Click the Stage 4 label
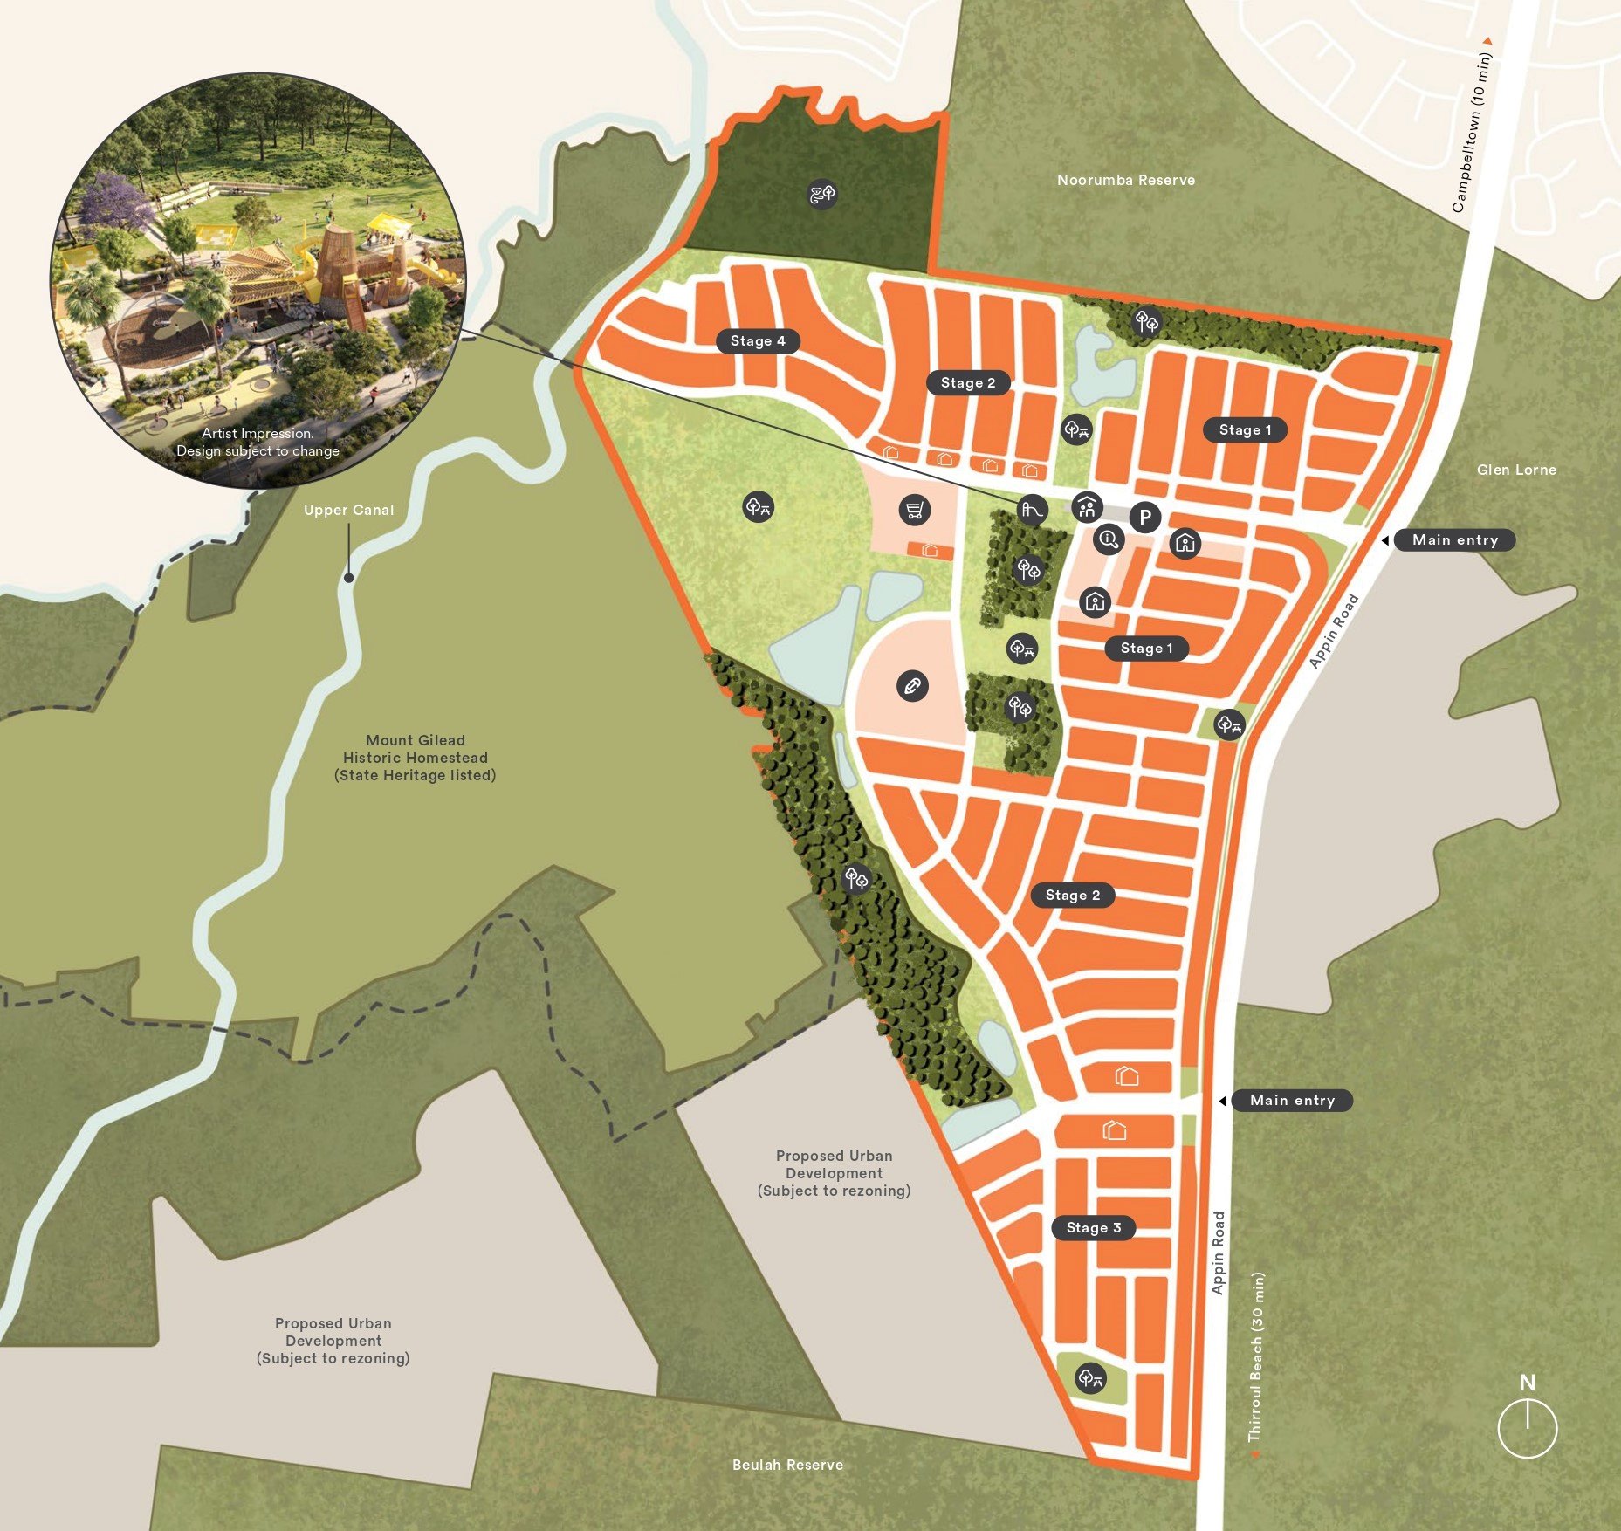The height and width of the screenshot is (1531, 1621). [758, 341]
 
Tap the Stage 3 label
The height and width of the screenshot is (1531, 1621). [1093, 1227]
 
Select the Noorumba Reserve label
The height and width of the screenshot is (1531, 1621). [1125, 180]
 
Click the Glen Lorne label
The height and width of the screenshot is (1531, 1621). [1516, 470]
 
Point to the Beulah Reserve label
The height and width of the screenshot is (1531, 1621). [787, 1465]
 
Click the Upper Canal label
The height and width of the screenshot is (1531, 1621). [348, 510]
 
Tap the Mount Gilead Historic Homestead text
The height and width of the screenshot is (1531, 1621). [416, 758]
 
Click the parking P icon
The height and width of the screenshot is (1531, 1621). [1145, 518]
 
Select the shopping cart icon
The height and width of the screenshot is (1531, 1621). [914, 510]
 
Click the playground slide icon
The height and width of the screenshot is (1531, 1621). [1033, 510]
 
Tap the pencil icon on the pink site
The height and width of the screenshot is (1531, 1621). [912, 686]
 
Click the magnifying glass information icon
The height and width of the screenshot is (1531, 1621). [1109, 539]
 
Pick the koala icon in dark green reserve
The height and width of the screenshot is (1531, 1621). [822, 193]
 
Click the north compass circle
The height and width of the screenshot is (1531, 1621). [1527, 1429]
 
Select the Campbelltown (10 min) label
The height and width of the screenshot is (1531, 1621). [1472, 131]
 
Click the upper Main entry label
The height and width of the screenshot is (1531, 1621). [1454, 540]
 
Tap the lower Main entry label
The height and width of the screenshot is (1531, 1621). [1292, 1101]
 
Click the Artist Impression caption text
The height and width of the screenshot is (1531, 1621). [258, 442]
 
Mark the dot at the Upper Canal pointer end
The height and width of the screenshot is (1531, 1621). [348, 578]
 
